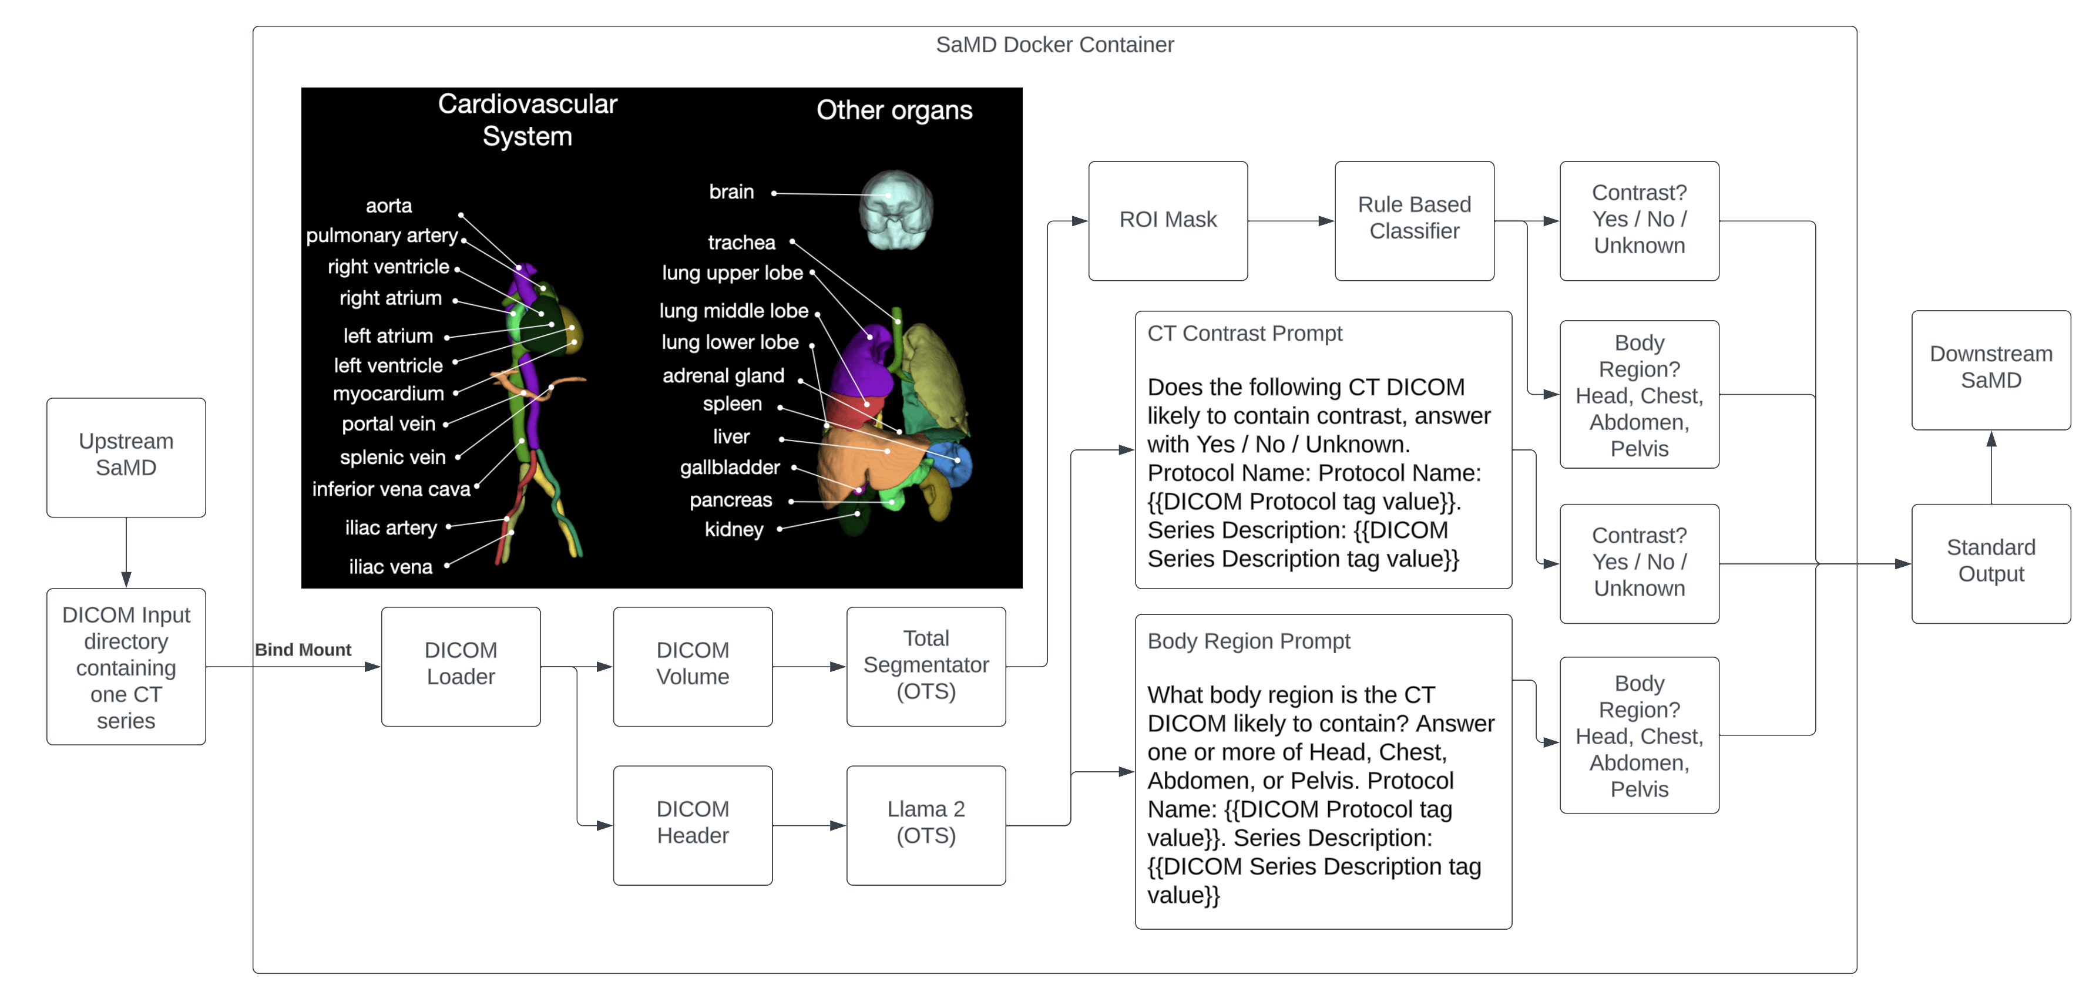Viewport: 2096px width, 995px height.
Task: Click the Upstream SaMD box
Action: tap(126, 456)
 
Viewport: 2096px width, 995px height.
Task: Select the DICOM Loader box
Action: tap(461, 665)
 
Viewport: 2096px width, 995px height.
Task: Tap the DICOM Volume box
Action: tap(693, 665)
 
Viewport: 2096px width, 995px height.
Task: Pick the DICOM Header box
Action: tap(693, 823)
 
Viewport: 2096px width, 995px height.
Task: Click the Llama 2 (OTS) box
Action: tap(925, 823)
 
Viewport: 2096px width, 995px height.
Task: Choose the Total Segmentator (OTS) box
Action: tap(925, 665)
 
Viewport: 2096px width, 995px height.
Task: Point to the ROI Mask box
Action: tap(1168, 220)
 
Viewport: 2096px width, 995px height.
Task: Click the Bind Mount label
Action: tap(303, 649)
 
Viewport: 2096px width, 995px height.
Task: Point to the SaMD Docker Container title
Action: tap(1054, 45)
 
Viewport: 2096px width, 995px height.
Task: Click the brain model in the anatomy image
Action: tap(896, 209)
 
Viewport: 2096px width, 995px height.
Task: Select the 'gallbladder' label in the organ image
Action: tap(730, 468)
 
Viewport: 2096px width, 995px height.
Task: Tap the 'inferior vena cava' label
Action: tap(391, 489)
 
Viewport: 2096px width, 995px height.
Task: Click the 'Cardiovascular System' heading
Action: tap(528, 120)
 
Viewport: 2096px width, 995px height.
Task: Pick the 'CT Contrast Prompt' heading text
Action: tap(1244, 334)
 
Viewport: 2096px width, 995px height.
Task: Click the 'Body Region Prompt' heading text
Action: tap(1248, 641)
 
